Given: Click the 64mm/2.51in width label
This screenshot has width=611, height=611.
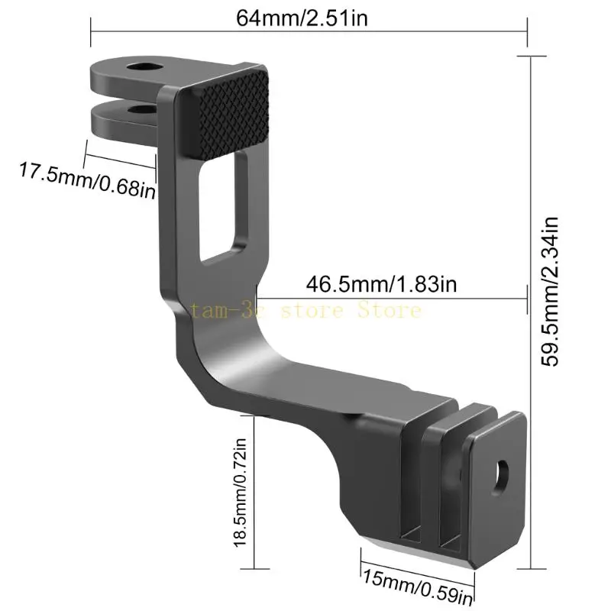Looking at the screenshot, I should [302, 18].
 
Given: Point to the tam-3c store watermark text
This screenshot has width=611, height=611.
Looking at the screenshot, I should [305, 310].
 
